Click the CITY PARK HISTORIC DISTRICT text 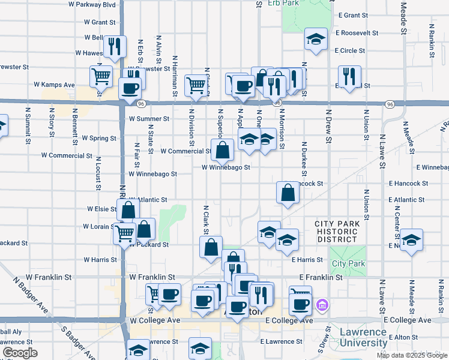pyautogui.click(x=339, y=232)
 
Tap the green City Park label pyautogui.click(x=348, y=263)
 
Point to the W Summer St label pyautogui.click(x=145, y=119)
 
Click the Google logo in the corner pyautogui.click(x=20, y=352)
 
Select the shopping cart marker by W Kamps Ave pyautogui.click(x=101, y=76)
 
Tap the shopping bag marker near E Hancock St pyautogui.click(x=288, y=192)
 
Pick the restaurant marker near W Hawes pyautogui.click(x=114, y=47)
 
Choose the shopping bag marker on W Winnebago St pyautogui.click(x=223, y=150)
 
